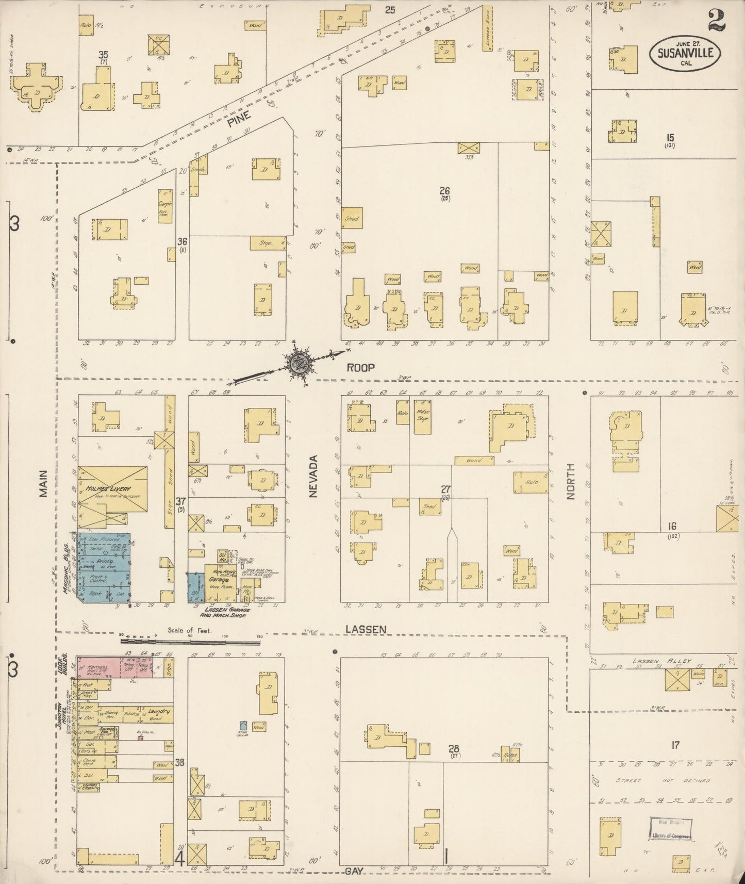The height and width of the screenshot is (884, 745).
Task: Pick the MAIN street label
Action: click(43, 483)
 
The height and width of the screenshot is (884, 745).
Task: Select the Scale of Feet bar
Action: click(191, 641)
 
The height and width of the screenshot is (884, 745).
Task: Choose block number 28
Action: click(454, 748)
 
